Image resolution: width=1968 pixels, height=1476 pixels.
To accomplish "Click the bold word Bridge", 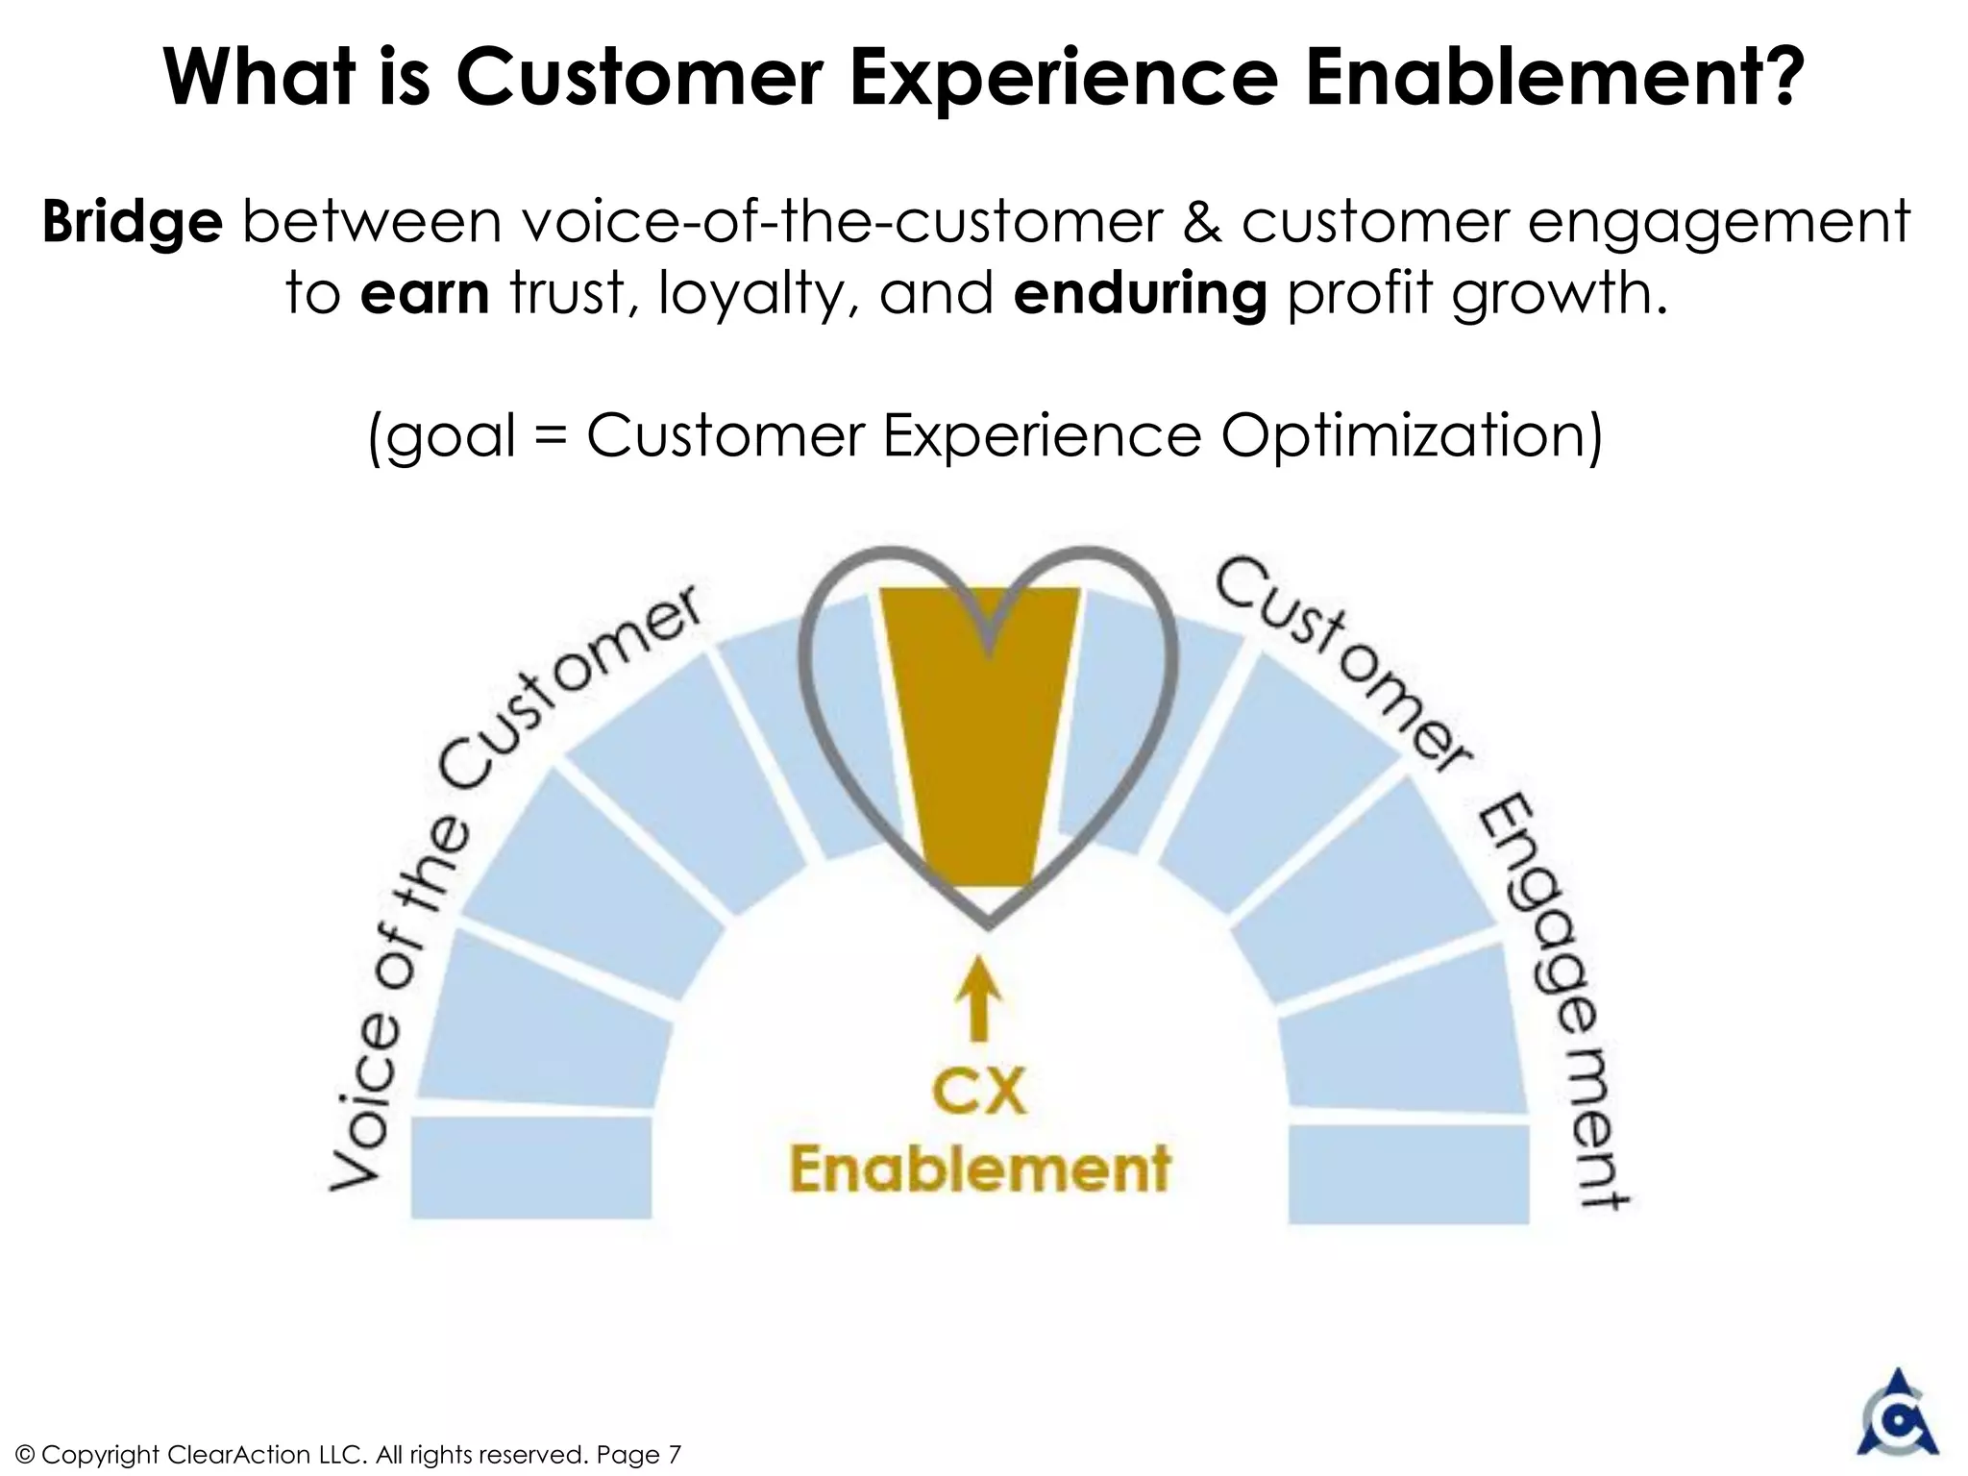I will [132, 223].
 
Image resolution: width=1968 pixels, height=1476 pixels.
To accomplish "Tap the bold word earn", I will [425, 293].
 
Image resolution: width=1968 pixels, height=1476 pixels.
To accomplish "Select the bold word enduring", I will [1140, 294].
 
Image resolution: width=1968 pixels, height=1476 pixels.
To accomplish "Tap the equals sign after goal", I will [552, 437].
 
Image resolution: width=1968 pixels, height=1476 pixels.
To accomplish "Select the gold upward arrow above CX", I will [978, 999].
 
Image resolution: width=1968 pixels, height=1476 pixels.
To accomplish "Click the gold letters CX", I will [979, 1093].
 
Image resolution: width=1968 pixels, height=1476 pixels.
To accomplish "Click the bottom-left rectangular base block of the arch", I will [531, 1168].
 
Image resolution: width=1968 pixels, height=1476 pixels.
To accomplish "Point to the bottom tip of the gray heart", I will [987, 925].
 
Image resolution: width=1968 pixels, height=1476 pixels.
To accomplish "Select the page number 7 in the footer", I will [674, 1455].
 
